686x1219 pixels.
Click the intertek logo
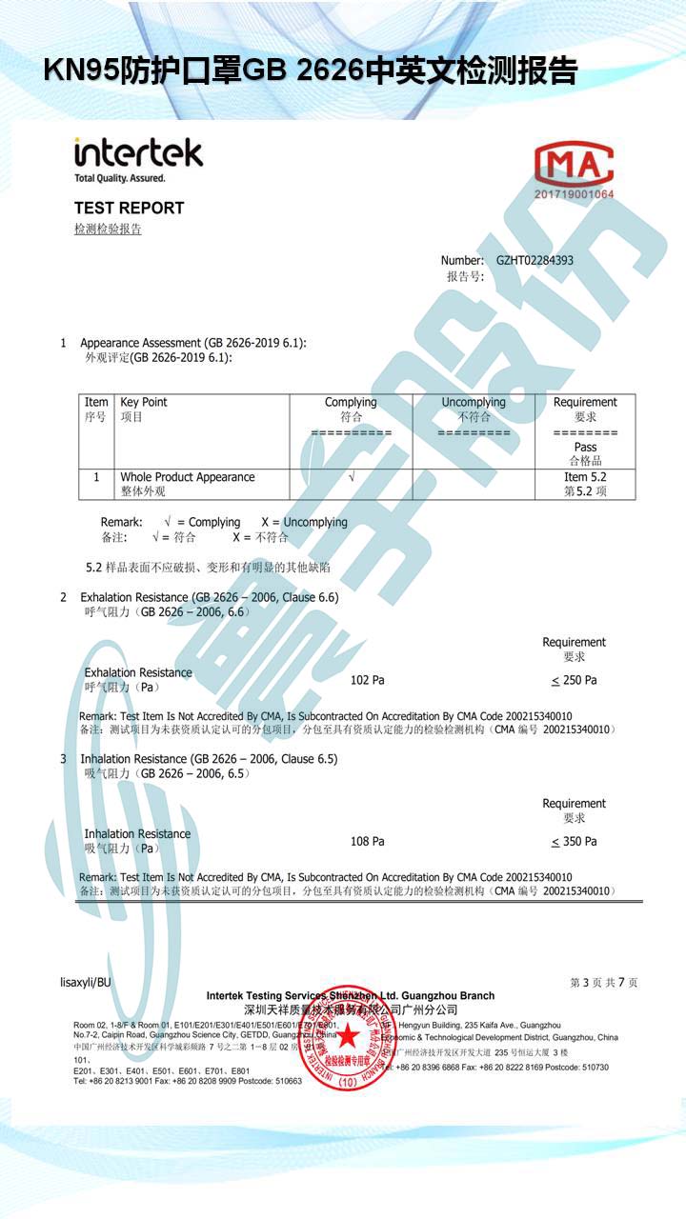point(138,152)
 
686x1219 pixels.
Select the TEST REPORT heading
point(129,208)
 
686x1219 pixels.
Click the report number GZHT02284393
point(535,260)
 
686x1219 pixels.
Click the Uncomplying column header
point(474,402)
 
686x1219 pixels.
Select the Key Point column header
point(144,402)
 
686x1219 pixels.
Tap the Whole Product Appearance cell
point(187,477)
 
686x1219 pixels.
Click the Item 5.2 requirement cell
point(585,477)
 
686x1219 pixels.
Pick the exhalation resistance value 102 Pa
point(367,680)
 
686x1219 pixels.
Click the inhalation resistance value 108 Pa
point(367,841)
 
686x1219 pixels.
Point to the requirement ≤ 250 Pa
point(574,680)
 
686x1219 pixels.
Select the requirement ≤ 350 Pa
point(574,841)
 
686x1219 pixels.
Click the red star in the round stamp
point(348,1035)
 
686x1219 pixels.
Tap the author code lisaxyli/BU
point(85,982)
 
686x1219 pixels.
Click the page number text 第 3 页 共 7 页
point(603,982)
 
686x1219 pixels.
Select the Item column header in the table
point(96,402)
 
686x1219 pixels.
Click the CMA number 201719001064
point(574,194)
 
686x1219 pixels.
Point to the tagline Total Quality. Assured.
point(119,178)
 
